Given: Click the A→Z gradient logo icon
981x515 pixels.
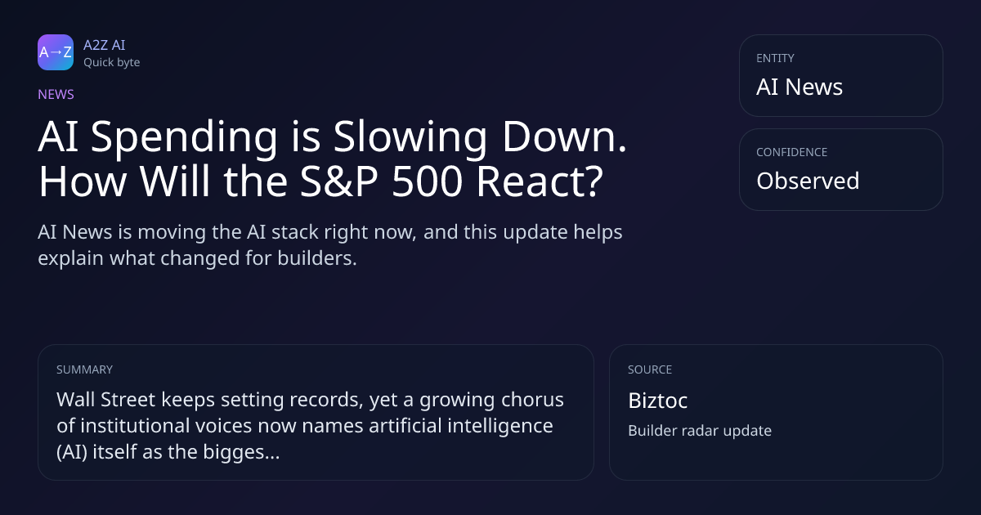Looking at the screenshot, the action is point(56,52).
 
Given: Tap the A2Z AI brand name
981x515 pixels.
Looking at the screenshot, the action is point(105,45).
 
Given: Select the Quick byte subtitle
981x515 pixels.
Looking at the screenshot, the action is point(112,63).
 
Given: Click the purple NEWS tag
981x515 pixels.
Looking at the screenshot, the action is point(56,94).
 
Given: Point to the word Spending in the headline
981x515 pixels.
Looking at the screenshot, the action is point(184,138).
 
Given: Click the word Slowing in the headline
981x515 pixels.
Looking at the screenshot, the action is point(410,138).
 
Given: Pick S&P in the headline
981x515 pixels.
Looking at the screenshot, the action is point(339,181).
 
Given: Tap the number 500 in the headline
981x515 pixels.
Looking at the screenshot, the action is point(427,181).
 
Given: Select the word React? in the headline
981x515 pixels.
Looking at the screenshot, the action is point(540,181).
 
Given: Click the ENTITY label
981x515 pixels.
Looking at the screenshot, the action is point(775,58).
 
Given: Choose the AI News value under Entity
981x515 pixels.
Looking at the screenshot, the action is point(800,87).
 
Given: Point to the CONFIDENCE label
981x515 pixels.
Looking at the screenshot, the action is point(792,152).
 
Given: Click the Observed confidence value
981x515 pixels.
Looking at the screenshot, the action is point(808,181).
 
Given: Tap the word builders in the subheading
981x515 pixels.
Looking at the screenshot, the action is point(317,258).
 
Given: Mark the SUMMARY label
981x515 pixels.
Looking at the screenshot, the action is point(84,369).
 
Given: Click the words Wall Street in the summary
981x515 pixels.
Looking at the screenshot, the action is point(106,400).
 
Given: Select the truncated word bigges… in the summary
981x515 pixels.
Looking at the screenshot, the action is point(241,452).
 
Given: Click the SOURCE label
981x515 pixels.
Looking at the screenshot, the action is point(650,369).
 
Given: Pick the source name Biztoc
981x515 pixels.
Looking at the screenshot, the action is point(658,401).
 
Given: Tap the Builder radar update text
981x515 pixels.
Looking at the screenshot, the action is point(700,431).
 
